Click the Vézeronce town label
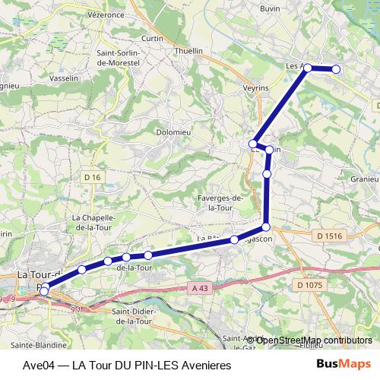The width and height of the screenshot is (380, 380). coord(106,14)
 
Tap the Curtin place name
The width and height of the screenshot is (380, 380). coord(153,38)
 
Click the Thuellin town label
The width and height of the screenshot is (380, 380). coord(189,50)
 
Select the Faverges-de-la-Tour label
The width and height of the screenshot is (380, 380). coord(220,202)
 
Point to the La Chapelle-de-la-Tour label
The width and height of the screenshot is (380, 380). coord(92,221)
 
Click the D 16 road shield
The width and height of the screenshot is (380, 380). coord(93,177)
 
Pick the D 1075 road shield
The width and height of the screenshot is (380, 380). coord(310,285)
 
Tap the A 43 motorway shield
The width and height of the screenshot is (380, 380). coord(200,288)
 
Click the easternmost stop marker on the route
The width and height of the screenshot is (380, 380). coord(335,70)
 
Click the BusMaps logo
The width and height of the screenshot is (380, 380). coord(344,363)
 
